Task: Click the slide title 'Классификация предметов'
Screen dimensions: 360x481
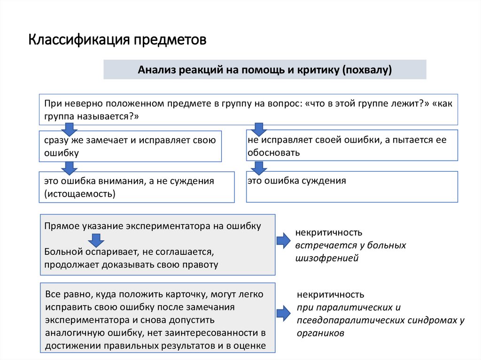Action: click(117, 39)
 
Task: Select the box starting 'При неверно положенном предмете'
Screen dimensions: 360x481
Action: click(248, 110)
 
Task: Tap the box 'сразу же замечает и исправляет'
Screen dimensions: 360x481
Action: click(130, 146)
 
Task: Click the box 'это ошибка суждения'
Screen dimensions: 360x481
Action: click(351, 186)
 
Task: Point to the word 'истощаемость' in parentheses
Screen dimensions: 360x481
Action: click(80, 193)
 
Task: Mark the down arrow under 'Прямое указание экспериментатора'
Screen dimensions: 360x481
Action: click(96, 240)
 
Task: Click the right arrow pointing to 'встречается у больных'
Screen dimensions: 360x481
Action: click(283, 241)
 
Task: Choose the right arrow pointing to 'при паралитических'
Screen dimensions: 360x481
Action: click(283, 314)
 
